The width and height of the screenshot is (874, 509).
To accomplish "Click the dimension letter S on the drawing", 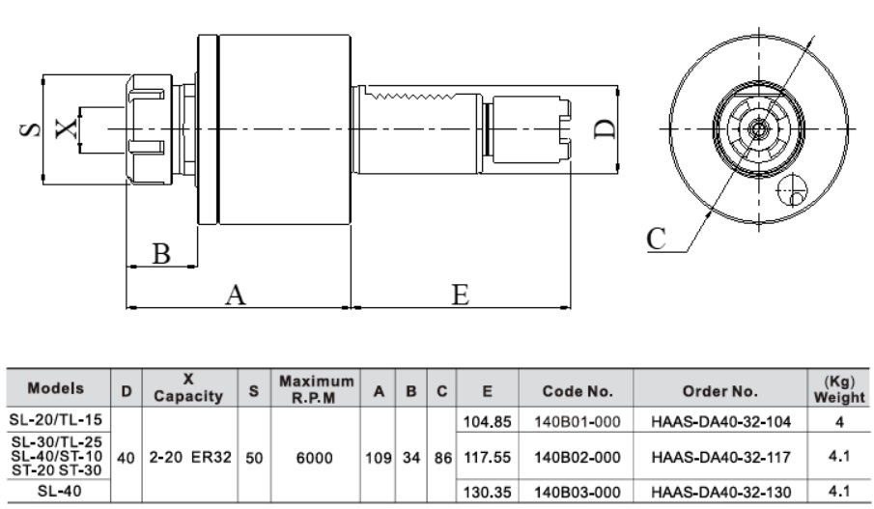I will [29, 128].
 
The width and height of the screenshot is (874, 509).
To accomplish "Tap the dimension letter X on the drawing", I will [64, 127].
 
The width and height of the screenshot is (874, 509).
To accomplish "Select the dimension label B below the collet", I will [162, 253].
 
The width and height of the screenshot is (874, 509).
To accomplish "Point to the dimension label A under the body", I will [234, 295].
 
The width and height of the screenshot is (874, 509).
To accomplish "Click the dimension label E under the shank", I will [462, 295].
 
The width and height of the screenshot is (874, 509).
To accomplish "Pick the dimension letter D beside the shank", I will [604, 127].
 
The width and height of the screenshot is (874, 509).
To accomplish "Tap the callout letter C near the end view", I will [658, 238].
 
